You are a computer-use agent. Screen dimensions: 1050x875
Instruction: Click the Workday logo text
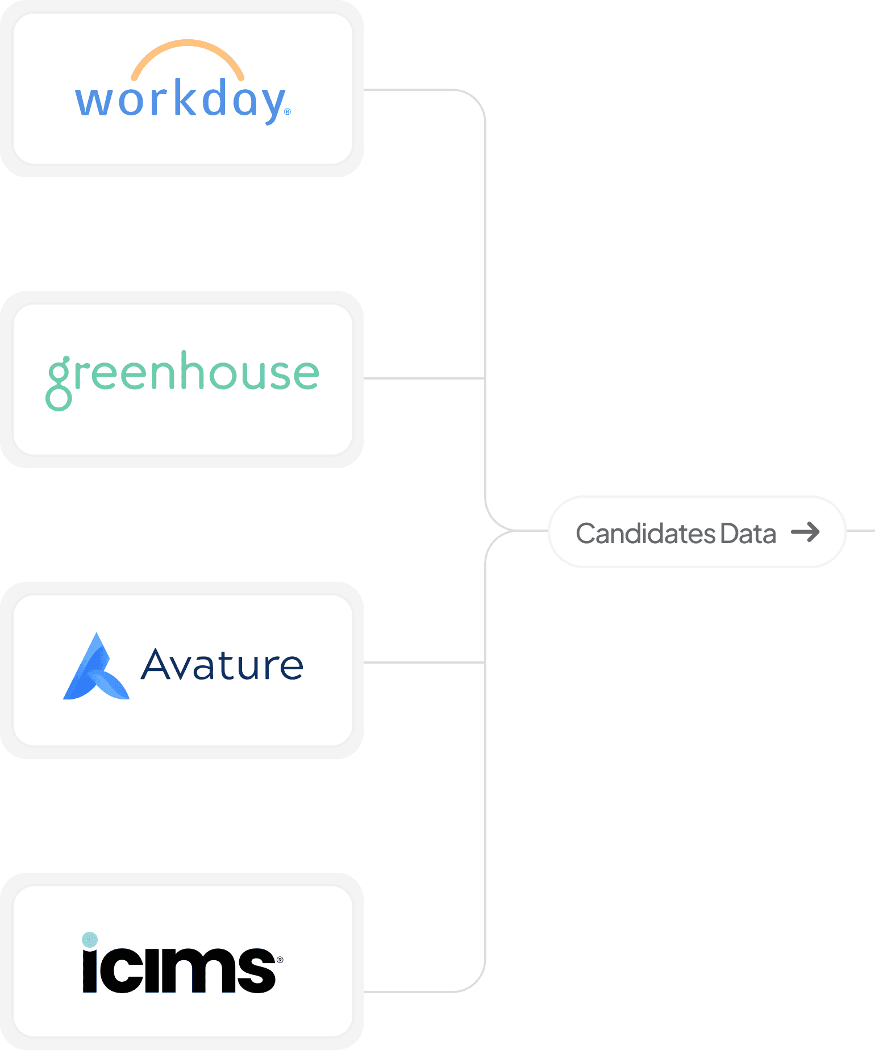pos(181,100)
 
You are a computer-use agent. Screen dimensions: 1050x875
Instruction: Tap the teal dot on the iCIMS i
pos(90,940)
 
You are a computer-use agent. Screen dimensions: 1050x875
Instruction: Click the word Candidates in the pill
pos(645,534)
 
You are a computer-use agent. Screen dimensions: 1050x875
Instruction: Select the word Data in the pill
pos(748,534)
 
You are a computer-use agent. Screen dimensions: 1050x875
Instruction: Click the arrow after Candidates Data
pos(806,532)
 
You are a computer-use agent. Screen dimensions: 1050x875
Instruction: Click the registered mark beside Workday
pos(287,112)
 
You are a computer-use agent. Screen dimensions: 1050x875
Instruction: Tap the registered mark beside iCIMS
pos(280,960)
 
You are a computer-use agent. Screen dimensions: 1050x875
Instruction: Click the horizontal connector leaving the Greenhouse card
pos(423,378)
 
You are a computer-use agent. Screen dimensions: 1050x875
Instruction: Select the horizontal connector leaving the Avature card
pos(423,662)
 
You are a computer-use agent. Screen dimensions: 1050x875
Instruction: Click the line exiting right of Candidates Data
pos(861,531)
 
